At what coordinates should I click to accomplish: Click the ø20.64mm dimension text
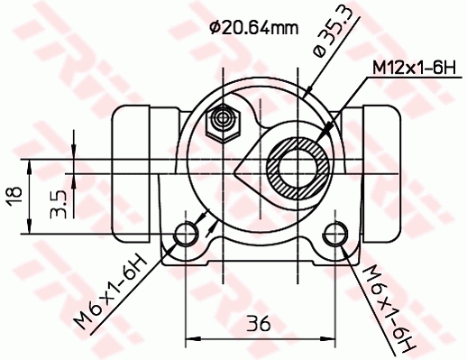point(254,28)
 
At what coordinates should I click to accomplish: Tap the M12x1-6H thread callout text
point(415,68)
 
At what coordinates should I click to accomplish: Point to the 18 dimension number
point(14,197)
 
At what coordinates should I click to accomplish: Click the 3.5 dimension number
point(58,204)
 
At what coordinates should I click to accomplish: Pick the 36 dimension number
point(259,324)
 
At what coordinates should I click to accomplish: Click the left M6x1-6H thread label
point(111,291)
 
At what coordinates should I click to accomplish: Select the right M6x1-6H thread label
point(389,309)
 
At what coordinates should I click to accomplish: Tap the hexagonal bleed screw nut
point(223,124)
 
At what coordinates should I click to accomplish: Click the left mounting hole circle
point(186,234)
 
